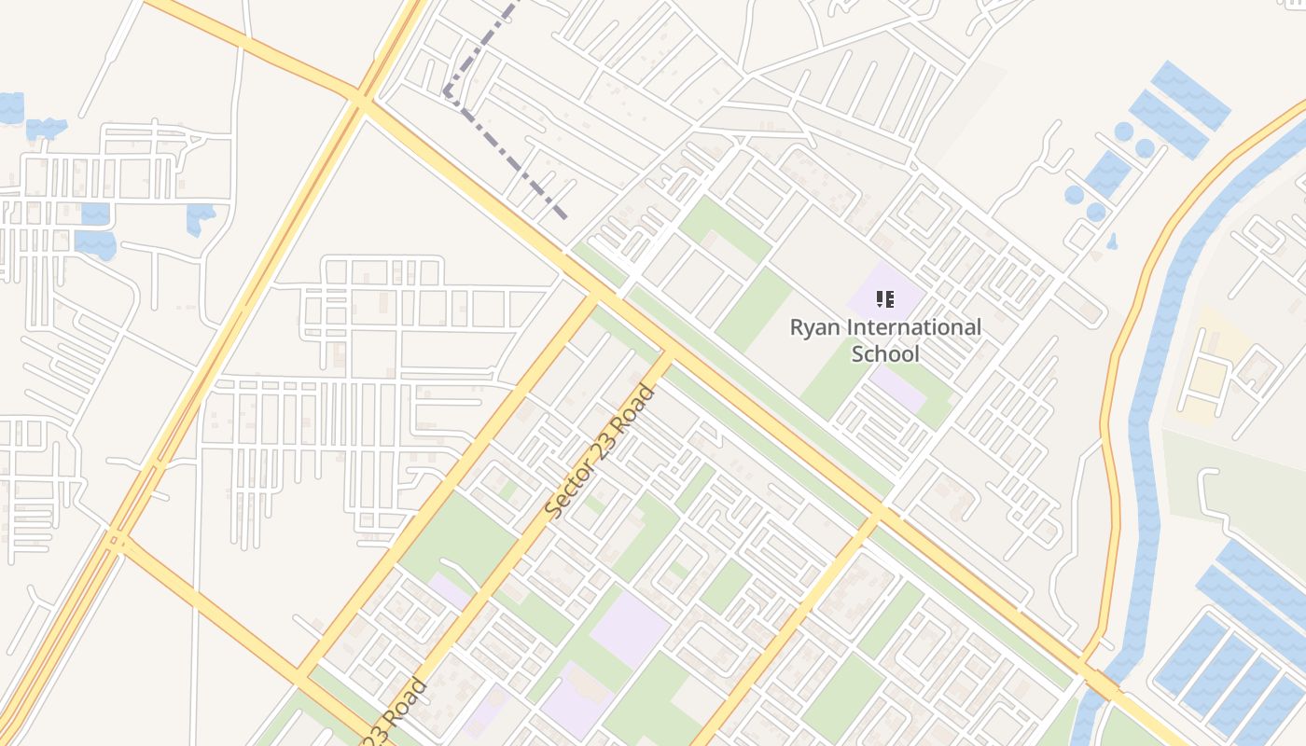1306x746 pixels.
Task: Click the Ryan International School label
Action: [885, 340]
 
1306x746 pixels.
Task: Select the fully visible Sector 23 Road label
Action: [600, 451]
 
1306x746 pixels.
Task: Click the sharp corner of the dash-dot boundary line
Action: [447, 92]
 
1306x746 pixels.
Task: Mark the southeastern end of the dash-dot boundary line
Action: [565, 218]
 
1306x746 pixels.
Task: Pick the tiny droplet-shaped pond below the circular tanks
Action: [1112, 242]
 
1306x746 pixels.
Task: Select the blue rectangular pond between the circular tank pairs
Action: [1108, 173]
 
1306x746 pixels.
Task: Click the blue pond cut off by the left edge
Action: [10, 107]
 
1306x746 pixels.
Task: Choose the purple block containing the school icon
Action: [885, 291]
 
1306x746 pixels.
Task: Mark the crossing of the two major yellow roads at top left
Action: [360, 96]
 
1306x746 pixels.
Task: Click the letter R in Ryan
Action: [798, 328]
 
